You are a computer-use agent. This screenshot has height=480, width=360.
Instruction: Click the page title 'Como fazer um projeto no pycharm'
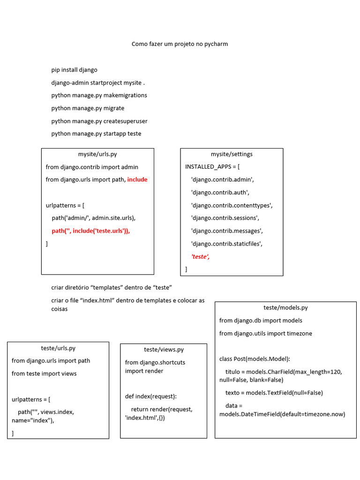pyautogui.click(x=180, y=44)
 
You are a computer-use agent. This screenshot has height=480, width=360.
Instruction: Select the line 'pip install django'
pyautogui.click(x=75, y=70)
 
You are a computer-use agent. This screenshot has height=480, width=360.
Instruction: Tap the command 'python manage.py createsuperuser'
pyautogui.click(x=99, y=121)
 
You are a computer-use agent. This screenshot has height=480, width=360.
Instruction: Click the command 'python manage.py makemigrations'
pyautogui.click(x=99, y=95)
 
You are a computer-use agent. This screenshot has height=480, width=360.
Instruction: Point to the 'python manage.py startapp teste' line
pyautogui.click(x=96, y=134)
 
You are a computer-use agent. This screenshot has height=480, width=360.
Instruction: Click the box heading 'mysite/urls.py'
pyautogui.click(x=97, y=154)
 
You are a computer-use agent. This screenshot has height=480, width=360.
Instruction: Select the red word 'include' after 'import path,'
pyautogui.click(x=137, y=180)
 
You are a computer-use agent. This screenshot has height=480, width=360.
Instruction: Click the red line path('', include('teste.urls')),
pyautogui.click(x=90, y=231)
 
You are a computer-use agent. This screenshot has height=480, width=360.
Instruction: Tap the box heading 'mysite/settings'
pyautogui.click(x=232, y=154)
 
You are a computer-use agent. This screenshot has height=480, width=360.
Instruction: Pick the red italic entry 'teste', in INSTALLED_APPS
pyautogui.click(x=200, y=256)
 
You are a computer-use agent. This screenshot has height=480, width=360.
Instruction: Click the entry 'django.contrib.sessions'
pyautogui.click(x=225, y=218)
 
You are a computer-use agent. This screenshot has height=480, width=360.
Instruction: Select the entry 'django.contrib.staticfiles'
pyautogui.click(x=227, y=244)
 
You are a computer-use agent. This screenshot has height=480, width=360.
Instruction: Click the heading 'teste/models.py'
pyautogui.click(x=285, y=307)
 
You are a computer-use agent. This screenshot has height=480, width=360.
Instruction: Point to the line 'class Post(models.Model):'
pyautogui.click(x=255, y=359)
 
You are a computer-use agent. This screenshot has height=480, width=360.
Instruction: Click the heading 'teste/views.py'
pyautogui.click(x=164, y=350)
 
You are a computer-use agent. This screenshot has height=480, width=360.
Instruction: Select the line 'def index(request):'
pyautogui.click(x=151, y=396)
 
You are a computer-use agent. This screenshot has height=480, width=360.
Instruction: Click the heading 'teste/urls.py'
pyautogui.click(x=58, y=348)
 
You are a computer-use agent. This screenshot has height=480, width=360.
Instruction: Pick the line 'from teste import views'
pyautogui.click(x=44, y=374)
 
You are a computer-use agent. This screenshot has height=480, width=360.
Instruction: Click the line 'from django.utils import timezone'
pyautogui.click(x=265, y=333)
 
